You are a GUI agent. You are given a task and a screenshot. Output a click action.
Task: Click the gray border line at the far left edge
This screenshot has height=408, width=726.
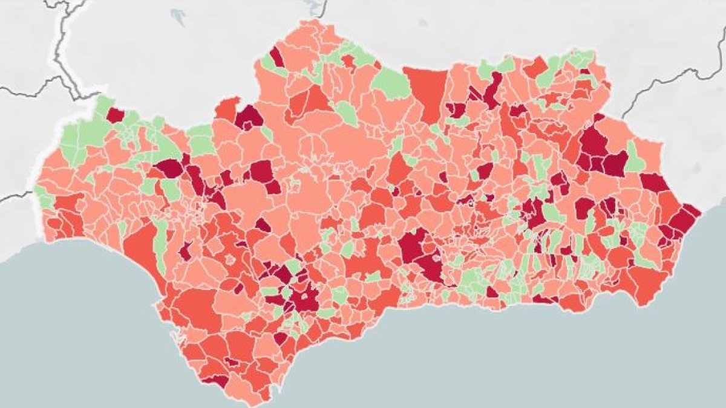pos(15,196)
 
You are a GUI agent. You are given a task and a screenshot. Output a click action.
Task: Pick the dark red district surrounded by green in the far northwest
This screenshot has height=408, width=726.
pos(115,115)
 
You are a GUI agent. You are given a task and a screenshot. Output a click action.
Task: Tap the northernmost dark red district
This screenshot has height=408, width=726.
pos(276,57)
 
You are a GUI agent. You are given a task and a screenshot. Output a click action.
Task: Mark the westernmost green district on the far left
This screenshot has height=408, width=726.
pos(42,196)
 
